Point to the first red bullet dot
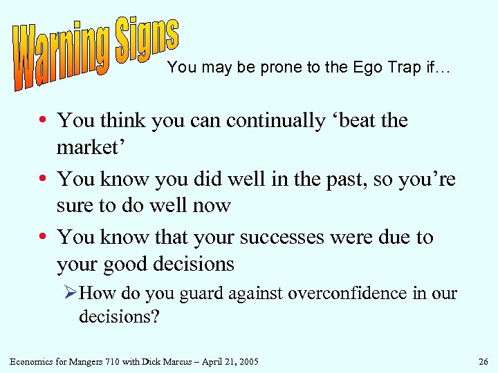point(44,121)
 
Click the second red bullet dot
point(44,180)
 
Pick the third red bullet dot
point(44,238)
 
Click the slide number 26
point(482,361)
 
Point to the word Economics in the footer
point(33,361)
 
